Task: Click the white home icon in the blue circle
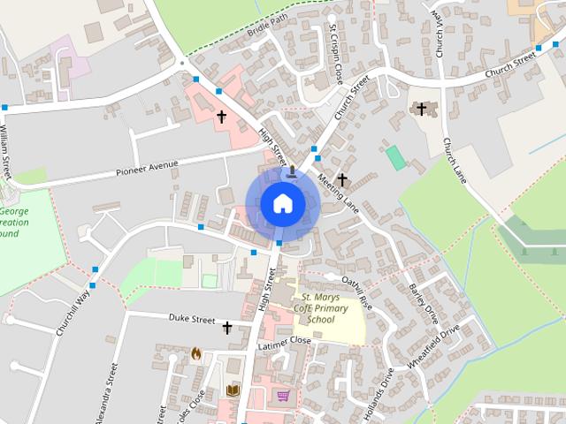(282, 203)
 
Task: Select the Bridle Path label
(269, 19)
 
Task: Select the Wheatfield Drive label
(434, 347)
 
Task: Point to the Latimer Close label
(283, 340)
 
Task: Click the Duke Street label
(192, 319)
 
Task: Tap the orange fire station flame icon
(196, 352)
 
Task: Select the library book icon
(233, 390)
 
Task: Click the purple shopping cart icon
(283, 395)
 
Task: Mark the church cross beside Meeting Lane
(342, 180)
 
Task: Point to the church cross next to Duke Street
(226, 328)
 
